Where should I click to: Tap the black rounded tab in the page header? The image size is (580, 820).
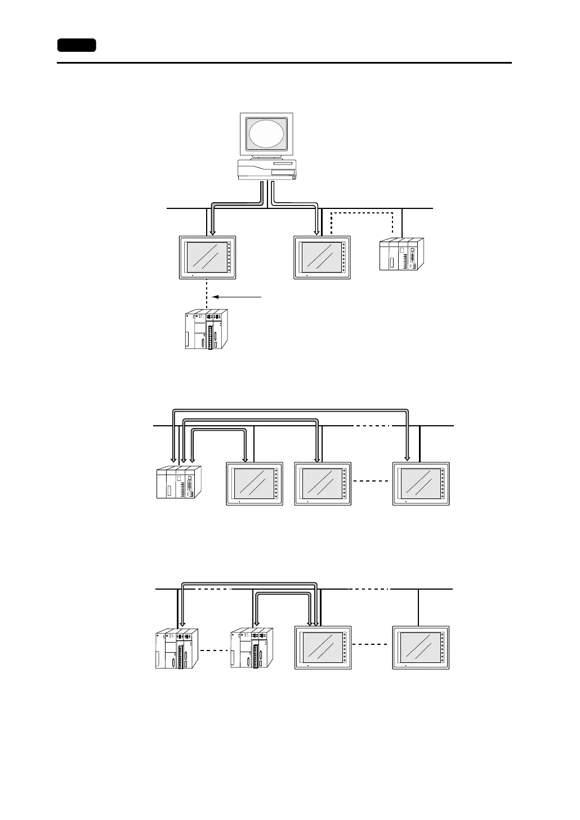pos(77,45)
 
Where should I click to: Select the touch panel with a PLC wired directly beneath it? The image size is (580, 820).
pos(207,257)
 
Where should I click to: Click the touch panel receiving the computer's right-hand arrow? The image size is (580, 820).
pos(322,257)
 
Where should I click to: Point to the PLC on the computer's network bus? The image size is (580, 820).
pos(401,255)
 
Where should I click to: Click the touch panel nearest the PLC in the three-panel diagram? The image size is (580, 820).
pos(254,484)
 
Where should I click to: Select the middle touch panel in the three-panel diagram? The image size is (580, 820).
pos(323,484)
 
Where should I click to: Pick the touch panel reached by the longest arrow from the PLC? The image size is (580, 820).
pos(421,484)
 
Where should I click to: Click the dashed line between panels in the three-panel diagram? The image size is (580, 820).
pos(371,482)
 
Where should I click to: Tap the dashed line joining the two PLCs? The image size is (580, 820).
pos(215,650)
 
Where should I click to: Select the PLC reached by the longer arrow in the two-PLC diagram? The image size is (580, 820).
pos(176,649)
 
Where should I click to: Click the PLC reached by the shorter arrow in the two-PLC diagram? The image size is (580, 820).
pos(251,649)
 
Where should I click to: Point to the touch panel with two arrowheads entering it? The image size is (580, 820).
pos(323,648)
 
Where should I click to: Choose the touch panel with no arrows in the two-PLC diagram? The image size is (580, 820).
pos(421,648)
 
